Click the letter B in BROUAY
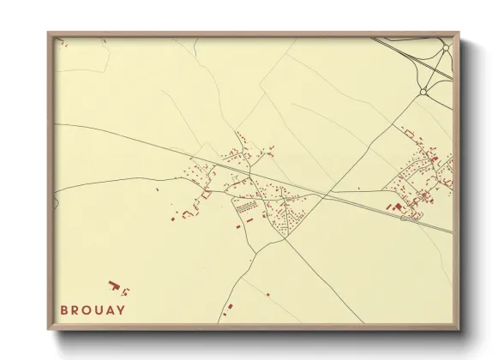[63, 309]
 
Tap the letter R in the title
[75, 309]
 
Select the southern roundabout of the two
[423, 91]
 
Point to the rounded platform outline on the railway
[408, 218]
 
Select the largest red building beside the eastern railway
[397, 207]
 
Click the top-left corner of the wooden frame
[49, 33]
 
